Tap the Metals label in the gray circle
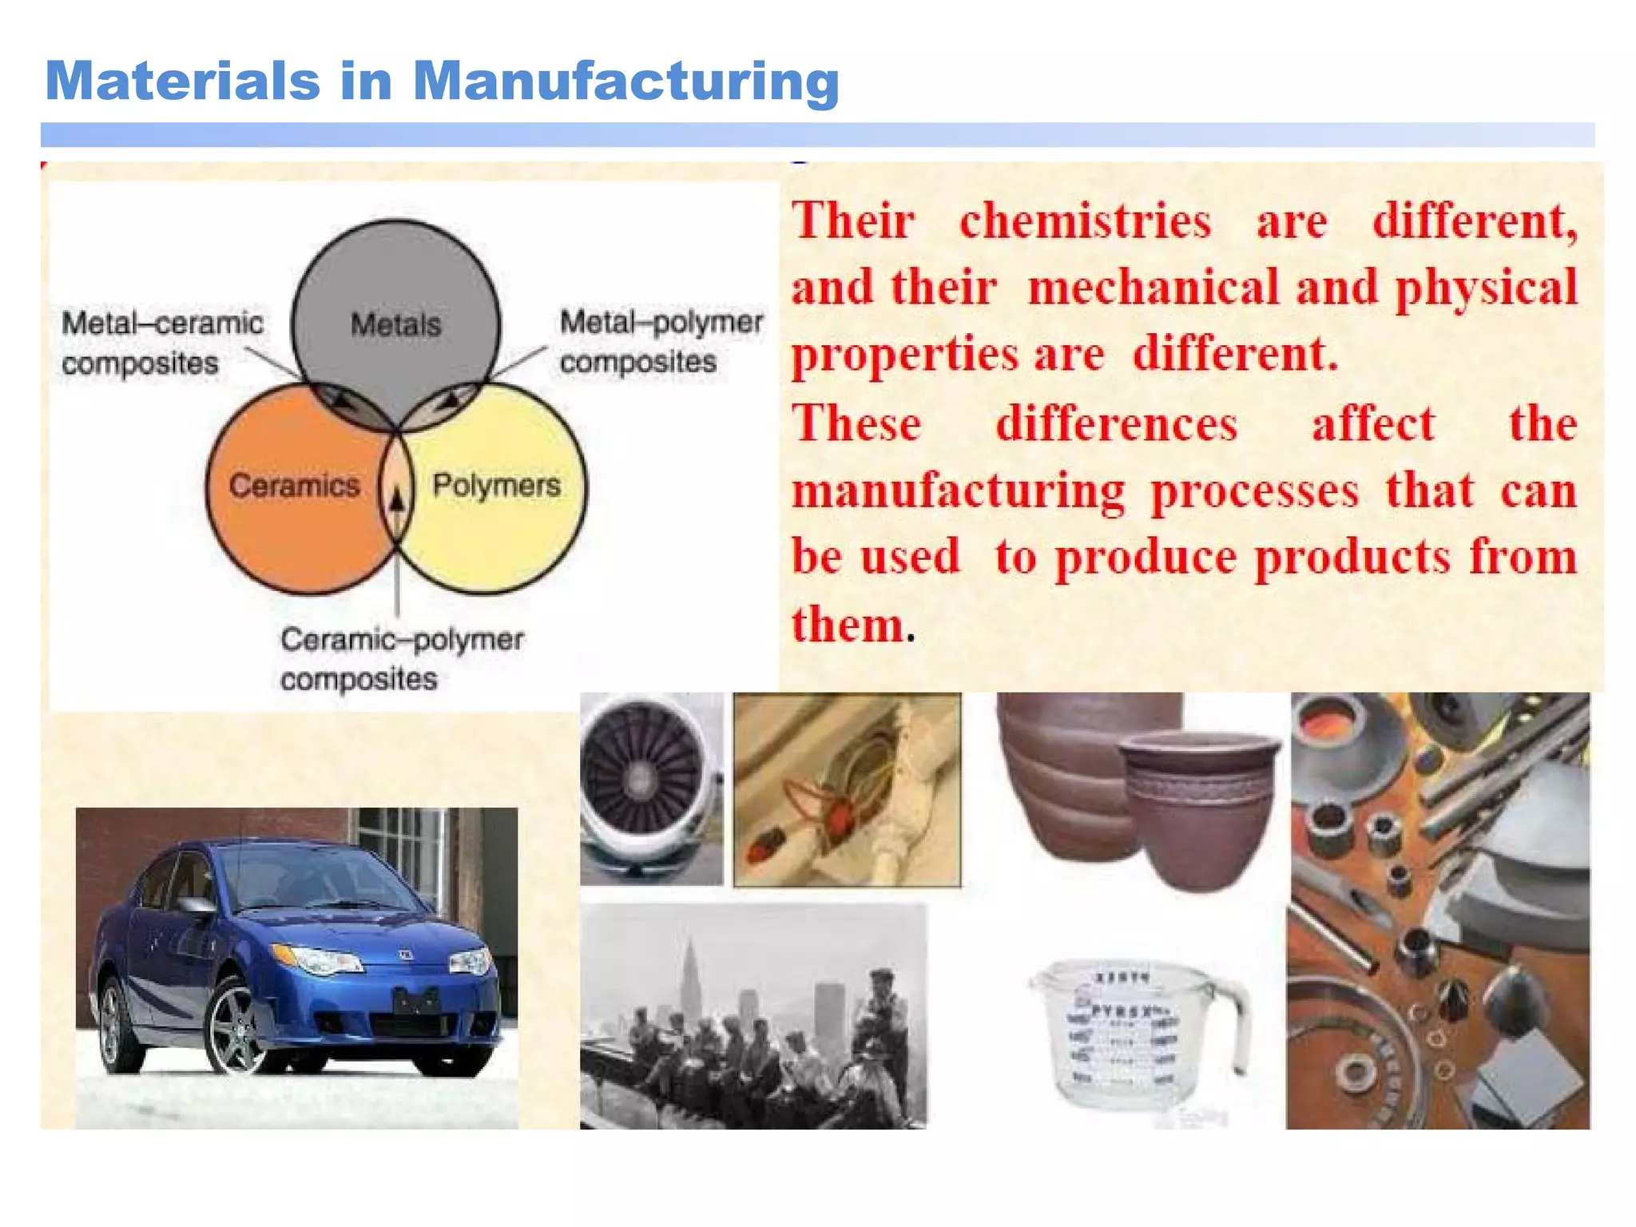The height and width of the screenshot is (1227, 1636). coord(395,324)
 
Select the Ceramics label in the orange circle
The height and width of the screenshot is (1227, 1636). coord(294,486)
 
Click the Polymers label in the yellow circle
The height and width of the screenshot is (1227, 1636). coord(496,485)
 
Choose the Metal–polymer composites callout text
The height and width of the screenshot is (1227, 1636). coord(661,341)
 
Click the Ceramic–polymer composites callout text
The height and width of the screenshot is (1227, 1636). coord(400,659)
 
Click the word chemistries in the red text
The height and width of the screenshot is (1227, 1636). coord(1085,220)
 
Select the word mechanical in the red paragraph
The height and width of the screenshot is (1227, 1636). coord(1153,288)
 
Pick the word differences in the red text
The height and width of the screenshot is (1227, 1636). coord(1116,423)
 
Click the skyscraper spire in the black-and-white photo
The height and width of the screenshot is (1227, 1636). coord(689,959)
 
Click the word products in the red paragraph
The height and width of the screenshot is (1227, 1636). coord(1352,557)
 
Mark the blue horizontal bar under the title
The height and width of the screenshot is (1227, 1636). coord(817,134)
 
